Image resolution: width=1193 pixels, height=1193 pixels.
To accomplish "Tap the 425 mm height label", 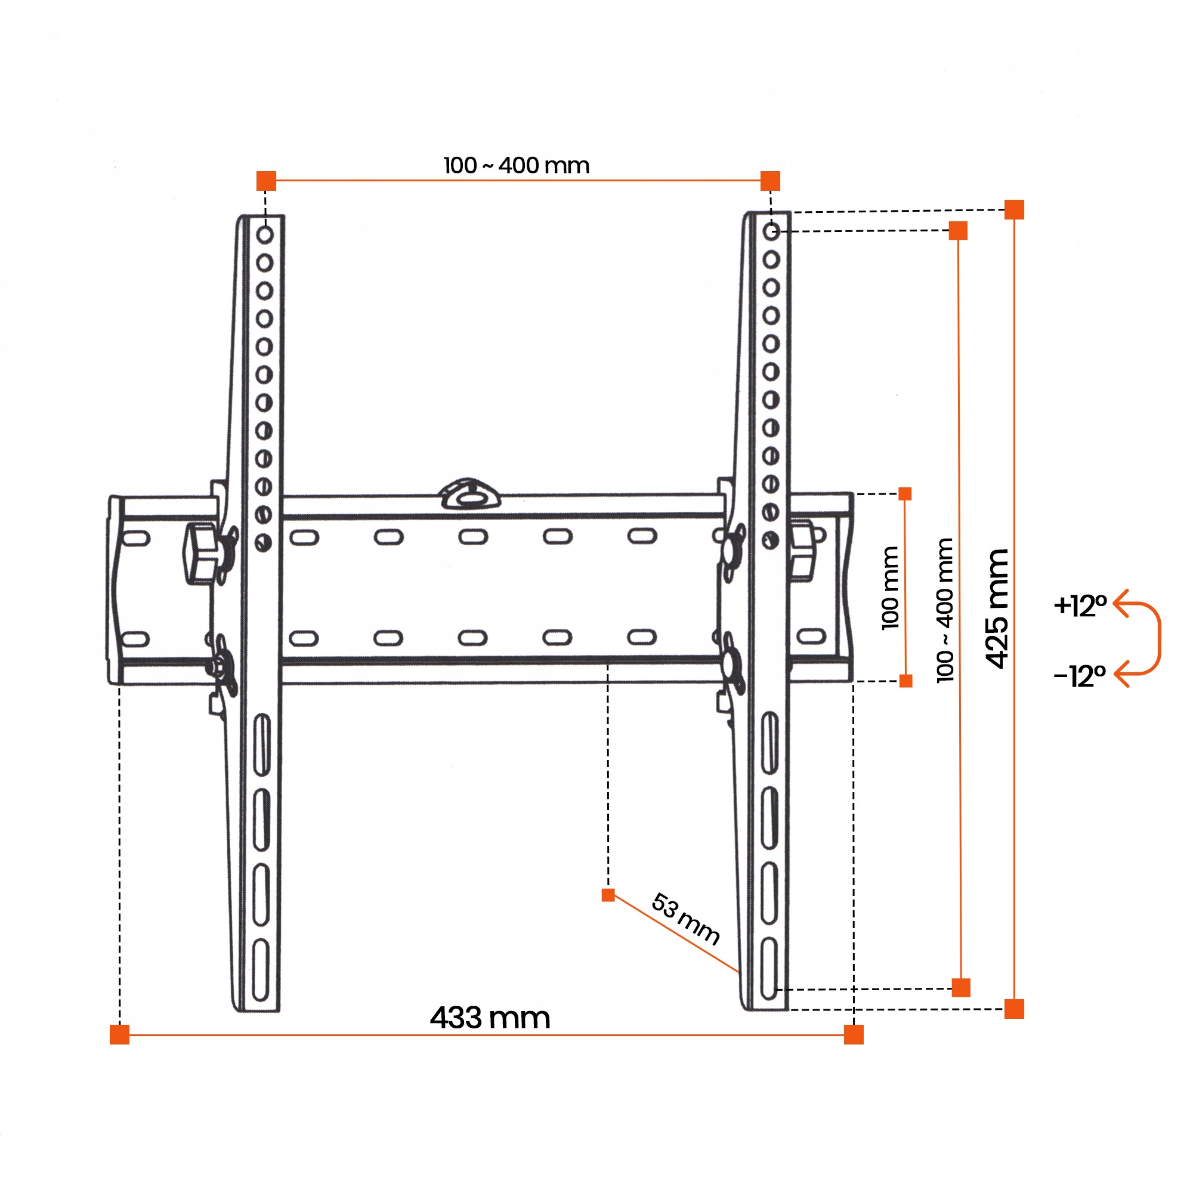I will click(x=997, y=608).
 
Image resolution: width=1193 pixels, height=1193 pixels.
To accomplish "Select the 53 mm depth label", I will click(x=685, y=919).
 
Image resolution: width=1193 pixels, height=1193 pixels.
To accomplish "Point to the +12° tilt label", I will click(x=1080, y=606).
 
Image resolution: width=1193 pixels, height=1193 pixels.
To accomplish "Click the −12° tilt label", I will click(x=1080, y=676).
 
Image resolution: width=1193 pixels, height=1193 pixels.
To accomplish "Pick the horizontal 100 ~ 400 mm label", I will click(x=516, y=165).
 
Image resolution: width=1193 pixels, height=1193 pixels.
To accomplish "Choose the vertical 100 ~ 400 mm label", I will click(x=945, y=610).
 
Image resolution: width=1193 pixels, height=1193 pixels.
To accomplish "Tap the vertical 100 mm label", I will click(x=890, y=588).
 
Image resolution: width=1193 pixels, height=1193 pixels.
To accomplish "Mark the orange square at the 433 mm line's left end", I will click(x=120, y=1034).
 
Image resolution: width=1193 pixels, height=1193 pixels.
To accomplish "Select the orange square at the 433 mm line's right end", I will click(x=854, y=1034).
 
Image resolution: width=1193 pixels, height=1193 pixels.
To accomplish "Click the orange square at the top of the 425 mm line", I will click(x=1014, y=210).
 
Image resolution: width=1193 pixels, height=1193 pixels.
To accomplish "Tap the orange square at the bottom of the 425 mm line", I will click(x=1014, y=1009).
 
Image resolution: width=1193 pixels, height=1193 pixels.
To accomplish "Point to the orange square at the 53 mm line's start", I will click(x=608, y=895).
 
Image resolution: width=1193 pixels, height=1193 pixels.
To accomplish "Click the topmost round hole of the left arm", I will click(x=265, y=234).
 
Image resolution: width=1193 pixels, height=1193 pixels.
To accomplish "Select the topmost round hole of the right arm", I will click(x=771, y=231).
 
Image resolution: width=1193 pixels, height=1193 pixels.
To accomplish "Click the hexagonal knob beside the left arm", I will click(x=200, y=553).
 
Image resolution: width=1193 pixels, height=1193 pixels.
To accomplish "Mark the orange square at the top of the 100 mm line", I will click(x=905, y=494).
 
